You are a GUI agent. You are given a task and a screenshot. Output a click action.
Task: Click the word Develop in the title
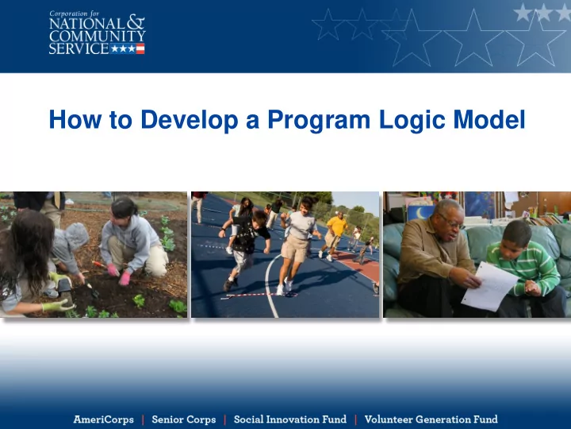pyautogui.click(x=190, y=120)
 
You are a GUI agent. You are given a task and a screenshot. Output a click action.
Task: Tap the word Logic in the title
pyautogui.click(x=412, y=120)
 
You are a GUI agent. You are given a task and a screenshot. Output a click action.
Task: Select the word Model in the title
pyautogui.click(x=489, y=119)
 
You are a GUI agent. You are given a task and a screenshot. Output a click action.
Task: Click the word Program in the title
pyautogui.click(x=319, y=120)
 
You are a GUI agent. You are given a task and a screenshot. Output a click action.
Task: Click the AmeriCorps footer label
pyautogui.click(x=103, y=419)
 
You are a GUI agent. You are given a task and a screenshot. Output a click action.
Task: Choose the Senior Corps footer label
pyautogui.click(x=184, y=419)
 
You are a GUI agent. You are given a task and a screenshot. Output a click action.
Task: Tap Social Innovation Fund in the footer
pyautogui.click(x=290, y=419)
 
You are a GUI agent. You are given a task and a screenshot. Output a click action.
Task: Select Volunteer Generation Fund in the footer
pyautogui.click(x=431, y=419)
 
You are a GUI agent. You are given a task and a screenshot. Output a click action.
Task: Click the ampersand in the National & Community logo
pyautogui.click(x=136, y=22)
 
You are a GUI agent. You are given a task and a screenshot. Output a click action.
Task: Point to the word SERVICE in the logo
pyautogui.click(x=79, y=48)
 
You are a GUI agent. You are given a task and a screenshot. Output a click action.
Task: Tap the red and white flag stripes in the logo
pyautogui.click(x=140, y=48)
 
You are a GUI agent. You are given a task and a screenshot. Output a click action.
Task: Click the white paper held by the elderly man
pyautogui.click(x=489, y=286)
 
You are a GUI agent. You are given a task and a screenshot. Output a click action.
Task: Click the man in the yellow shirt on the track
pyautogui.click(x=335, y=236)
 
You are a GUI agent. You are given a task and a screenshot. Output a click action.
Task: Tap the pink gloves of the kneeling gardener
pyautogui.click(x=119, y=275)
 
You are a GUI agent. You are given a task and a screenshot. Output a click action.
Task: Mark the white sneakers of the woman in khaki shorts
pyautogui.click(x=285, y=286)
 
